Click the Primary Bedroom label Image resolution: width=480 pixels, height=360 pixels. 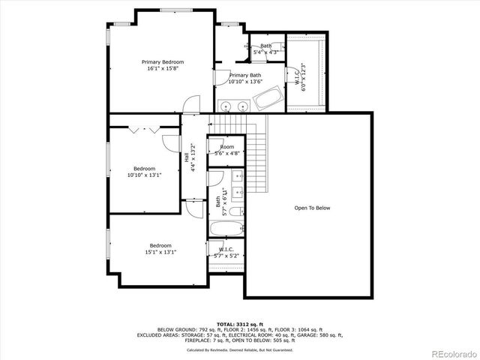[x=163, y=62]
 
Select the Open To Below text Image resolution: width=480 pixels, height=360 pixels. [x=312, y=208]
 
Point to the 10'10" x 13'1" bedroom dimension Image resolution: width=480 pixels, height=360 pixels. [x=144, y=174]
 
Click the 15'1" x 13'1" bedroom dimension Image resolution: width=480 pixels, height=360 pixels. [x=160, y=252]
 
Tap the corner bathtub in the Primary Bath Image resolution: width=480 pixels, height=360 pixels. [x=268, y=97]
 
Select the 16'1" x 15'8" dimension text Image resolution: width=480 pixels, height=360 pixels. [x=163, y=69]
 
